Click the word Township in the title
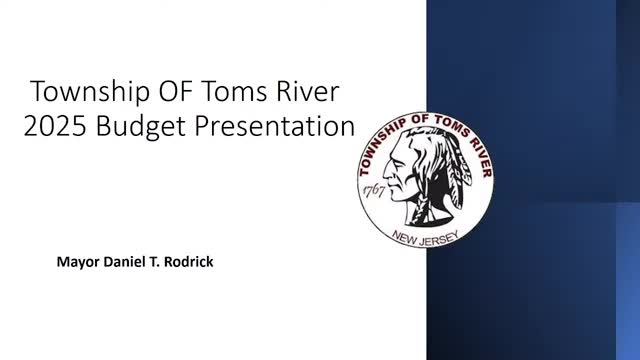pos(83,93)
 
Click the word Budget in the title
pos(152,128)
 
